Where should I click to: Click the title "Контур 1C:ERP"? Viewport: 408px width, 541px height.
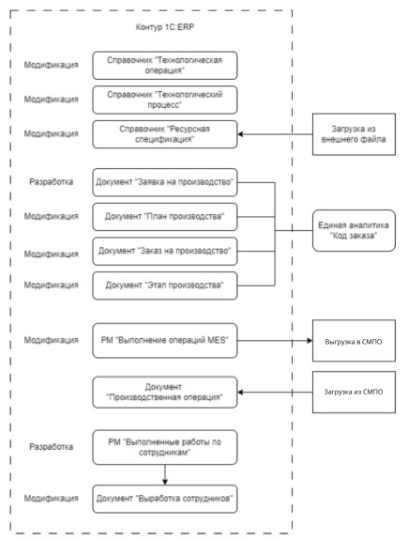click(x=165, y=27)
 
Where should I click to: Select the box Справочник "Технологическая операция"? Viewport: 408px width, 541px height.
click(x=165, y=65)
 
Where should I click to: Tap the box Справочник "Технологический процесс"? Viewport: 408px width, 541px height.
click(x=165, y=100)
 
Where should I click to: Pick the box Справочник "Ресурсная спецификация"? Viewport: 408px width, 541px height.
click(x=165, y=134)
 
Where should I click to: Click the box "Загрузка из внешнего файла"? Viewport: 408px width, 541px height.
click(x=354, y=134)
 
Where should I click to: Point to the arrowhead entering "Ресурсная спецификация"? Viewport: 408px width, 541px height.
click(x=240, y=134)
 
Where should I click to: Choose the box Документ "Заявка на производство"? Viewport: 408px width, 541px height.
click(x=165, y=182)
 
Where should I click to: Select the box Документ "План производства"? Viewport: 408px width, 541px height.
click(x=165, y=217)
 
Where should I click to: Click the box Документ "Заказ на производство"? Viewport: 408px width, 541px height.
click(x=165, y=251)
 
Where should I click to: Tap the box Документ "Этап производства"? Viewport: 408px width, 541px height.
click(x=165, y=286)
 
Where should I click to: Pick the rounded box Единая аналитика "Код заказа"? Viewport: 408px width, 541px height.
click(x=354, y=230)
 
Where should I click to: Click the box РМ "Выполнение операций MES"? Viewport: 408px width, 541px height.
click(x=165, y=341)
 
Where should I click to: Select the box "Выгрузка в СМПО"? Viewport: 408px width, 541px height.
click(x=354, y=341)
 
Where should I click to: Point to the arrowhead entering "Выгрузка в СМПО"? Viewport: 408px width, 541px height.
click(x=310, y=341)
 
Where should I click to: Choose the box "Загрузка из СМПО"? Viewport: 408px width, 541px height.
click(x=354, y=392)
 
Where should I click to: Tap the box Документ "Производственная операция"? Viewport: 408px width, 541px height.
click(x=165, y=393)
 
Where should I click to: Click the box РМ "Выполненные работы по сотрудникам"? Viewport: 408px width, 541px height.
click(x=165, y=447)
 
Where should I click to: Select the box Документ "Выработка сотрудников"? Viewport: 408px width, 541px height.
click(x=165, y=499)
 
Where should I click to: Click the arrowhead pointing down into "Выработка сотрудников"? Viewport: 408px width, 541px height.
click(x=165, y=482)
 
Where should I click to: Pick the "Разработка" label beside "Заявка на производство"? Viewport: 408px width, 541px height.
click(x=51, y=182)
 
